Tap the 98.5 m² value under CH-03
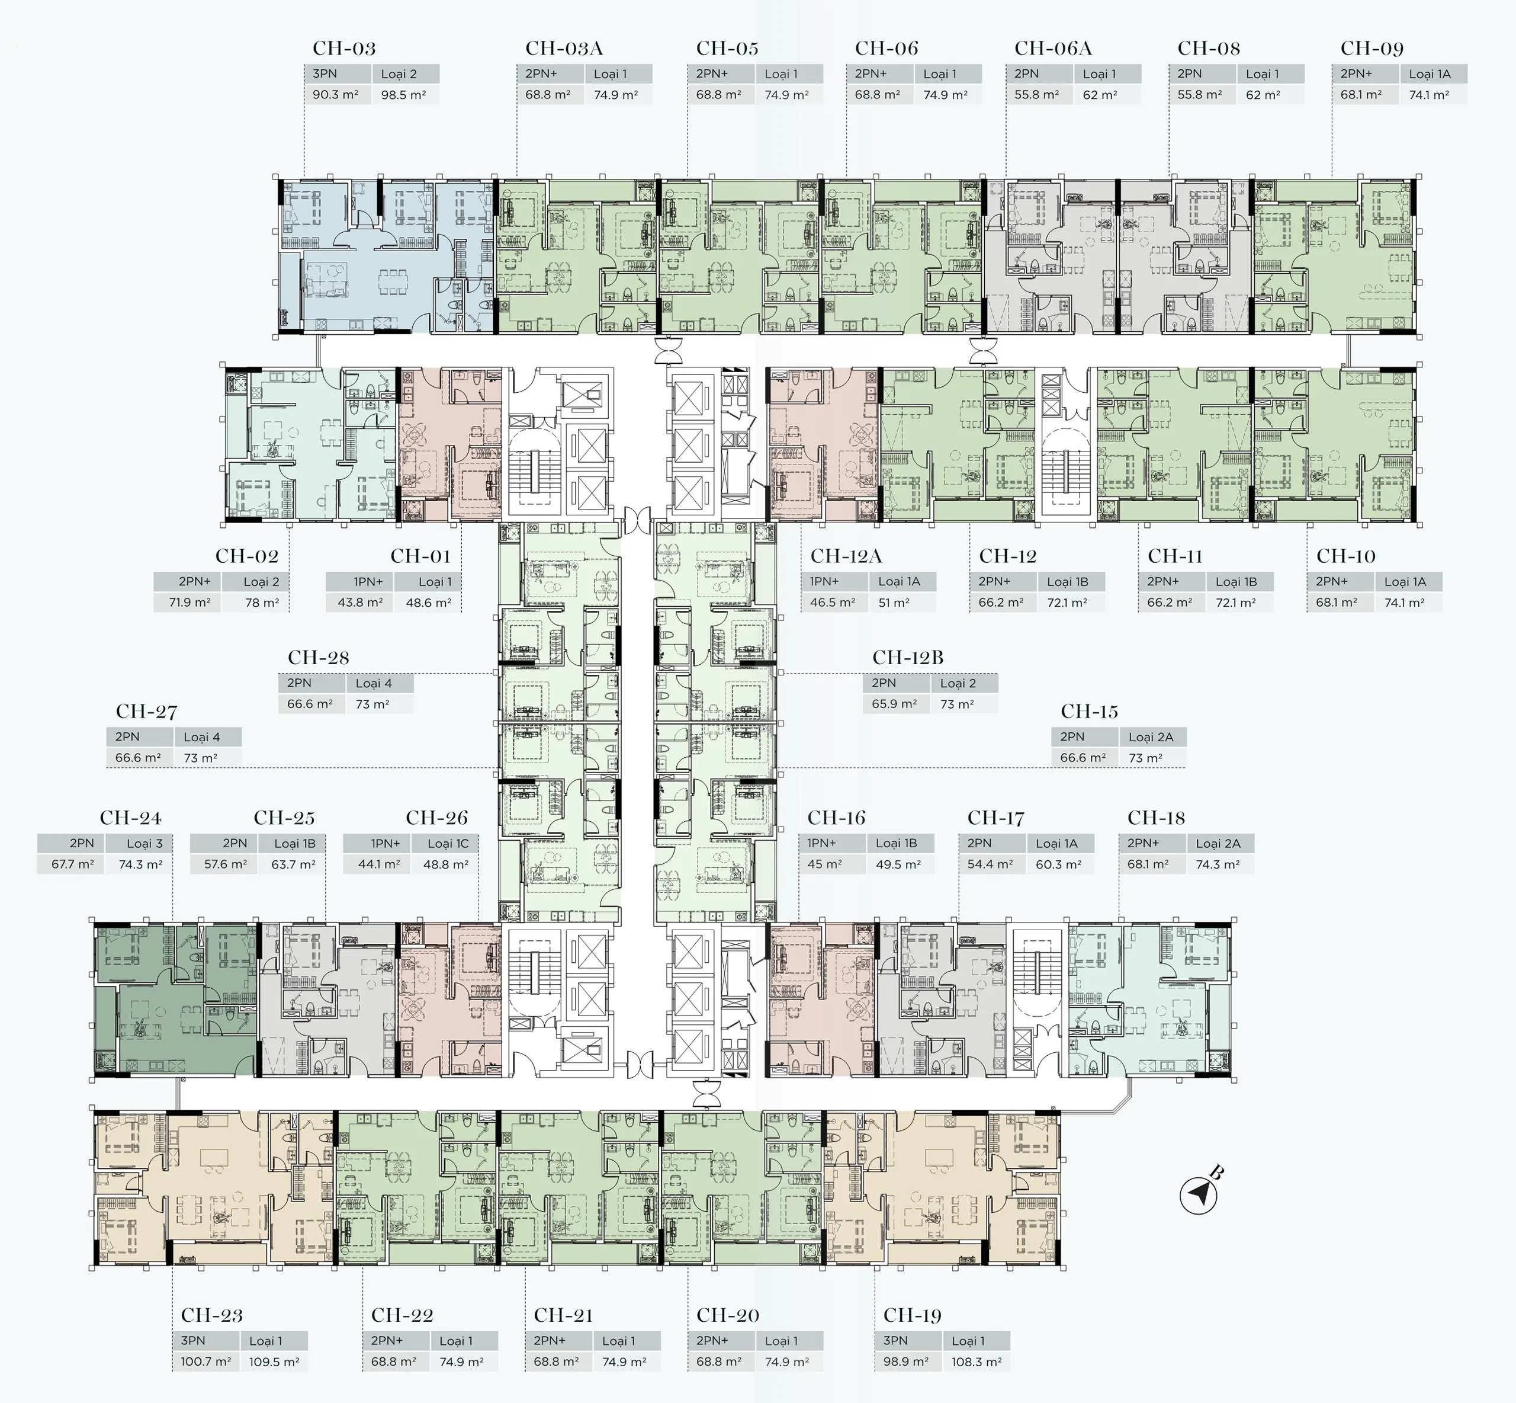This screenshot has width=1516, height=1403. click(x=404, y=95)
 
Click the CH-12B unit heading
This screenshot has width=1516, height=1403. click(x=907, y=658)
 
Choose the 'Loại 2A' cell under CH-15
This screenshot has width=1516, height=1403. click(x=1151, y=736)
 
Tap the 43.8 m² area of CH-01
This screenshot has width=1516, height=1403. click(x=359, y=602)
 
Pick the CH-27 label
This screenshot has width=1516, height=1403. click(x=146, y=712)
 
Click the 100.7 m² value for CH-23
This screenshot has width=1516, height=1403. click(x=205, y=1362)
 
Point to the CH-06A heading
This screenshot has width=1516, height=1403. click(x=1052, y=49)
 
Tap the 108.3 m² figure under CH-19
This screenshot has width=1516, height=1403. click(x=977, y=1362)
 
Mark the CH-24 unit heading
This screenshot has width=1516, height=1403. click(x=130, y=818)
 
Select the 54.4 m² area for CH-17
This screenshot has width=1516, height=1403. click(x=990, y=864)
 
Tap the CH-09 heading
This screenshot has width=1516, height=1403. click(x=1372, y=49)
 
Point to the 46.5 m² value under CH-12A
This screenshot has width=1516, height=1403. click(x=833, y=602)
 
